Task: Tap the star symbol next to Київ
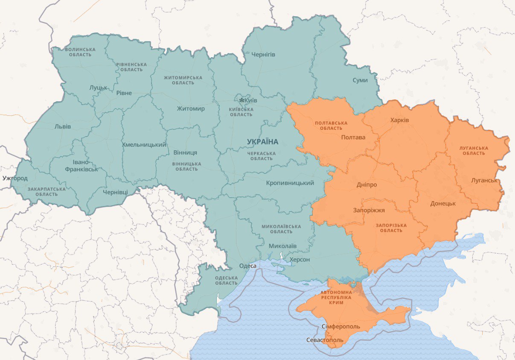pos(242,100)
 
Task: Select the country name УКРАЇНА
pos(262,141)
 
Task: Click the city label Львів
pos(63,126)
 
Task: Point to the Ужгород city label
pos(15,178)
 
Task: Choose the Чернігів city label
pos(263,55)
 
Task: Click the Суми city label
pos(360,80)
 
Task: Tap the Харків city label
pos(399,120)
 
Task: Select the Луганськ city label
pos(484,180)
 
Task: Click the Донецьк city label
pos(443,203)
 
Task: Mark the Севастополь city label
pos(325,340)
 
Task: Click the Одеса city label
pos(248,266)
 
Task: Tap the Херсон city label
pos(300,259)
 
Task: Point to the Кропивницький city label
pos(290,183)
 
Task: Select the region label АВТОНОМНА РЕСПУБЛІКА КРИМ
pos(336,297)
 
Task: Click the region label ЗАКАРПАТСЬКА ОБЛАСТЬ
pos(47,191)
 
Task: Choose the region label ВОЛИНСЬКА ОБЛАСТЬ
pos(80,52)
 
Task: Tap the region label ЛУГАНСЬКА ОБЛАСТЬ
pos(474,150)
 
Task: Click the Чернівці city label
pos(115,192)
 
